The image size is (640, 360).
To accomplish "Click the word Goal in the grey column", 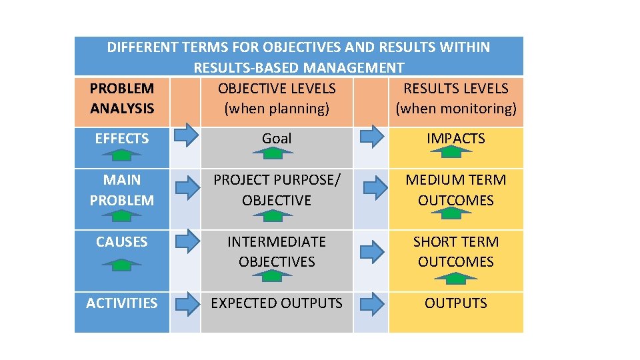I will [x=277, y=139].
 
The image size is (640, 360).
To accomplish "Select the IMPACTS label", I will [x=455, y=139].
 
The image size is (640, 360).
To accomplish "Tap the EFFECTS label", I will [x=122, y=139].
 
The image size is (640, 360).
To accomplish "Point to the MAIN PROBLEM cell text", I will [x=122, y=190].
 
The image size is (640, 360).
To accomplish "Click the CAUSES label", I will [x=122, y=241].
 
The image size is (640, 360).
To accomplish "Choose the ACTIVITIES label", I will [x=122, y=303].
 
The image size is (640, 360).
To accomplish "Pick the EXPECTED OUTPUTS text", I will [x=277, y=303].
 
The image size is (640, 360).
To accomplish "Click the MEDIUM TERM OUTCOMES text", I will [x=455, y=190].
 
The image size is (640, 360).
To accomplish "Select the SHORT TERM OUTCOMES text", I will [x=455, y=251].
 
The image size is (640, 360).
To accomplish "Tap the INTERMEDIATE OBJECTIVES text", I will [x=277, y=251].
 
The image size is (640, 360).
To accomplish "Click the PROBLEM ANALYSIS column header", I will [x=122, y=98].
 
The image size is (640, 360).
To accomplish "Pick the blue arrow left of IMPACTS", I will [x=372, y=137].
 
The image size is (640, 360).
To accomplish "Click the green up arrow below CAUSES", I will [x=121, y=264].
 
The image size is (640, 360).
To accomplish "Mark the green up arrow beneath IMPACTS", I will [x=451, y=152].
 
